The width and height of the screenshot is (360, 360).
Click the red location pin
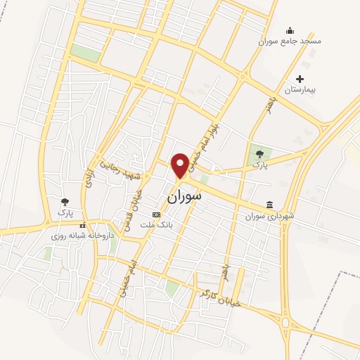(x=181, y=165)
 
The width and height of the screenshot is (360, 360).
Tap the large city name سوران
(x=184, y=196)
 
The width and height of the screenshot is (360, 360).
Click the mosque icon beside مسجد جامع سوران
(x=290, y=30)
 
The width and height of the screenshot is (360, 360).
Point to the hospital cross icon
(x=300, y=79)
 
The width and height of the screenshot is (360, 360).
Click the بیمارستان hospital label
(x=301, y=91)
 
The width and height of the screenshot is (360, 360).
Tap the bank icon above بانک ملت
(x=156, y=214)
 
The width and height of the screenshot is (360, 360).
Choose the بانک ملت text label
(x=156, y=225)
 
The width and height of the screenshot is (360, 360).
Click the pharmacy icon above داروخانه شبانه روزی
(x=82, y=226)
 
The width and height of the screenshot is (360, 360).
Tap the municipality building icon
(x=269, y=205)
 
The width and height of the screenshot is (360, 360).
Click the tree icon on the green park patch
(x=260, y=153)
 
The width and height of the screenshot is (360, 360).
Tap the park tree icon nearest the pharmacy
(x=65, y=202)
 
